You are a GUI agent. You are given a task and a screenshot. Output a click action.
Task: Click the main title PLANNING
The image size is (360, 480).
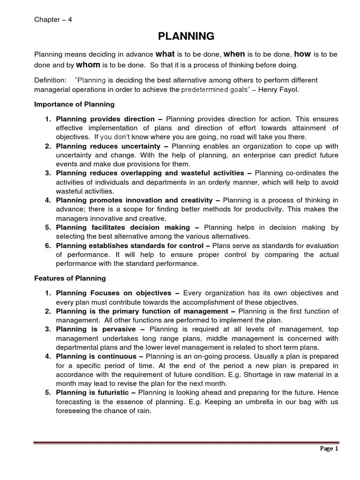tap(180, 36)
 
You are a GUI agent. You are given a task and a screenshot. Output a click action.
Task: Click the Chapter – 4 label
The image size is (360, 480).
tap(53, 19)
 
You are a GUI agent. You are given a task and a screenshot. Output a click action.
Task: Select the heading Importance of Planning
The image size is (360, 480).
tap(74, 104)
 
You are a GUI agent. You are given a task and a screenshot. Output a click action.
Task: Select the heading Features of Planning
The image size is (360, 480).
tap(68, 278)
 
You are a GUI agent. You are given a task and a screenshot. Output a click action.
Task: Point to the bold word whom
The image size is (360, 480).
tap(88, 65)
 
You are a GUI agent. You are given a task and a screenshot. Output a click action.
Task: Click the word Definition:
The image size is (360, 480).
tap(50, 80)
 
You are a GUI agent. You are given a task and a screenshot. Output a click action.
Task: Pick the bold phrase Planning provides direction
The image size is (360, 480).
tap(105, 119)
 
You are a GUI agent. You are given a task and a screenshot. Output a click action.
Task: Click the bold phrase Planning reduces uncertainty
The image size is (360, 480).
tap(107, 146)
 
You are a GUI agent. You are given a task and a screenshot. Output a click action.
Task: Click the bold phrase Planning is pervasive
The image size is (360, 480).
tap(97, 329)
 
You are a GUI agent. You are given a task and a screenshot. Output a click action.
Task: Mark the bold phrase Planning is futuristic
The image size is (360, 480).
tap(96, 392)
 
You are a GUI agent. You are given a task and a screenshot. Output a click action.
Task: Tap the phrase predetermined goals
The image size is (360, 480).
tap(214, 89)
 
